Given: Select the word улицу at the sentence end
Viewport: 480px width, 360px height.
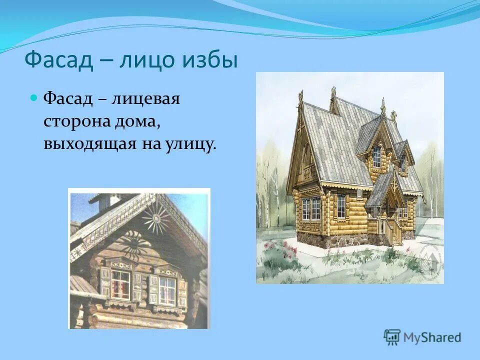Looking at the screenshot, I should coord(192,144).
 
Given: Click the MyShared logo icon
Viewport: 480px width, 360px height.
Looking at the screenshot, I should coord(392,337).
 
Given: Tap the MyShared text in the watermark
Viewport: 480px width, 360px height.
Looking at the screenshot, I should coord(432,338).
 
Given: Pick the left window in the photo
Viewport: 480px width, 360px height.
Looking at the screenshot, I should coord(120,284).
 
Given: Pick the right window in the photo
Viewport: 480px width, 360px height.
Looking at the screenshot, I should coord(166,289).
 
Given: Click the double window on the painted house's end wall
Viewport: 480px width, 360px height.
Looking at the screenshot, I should coord(311,208).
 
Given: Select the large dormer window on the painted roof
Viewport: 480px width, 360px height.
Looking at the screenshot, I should coord(376,156).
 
